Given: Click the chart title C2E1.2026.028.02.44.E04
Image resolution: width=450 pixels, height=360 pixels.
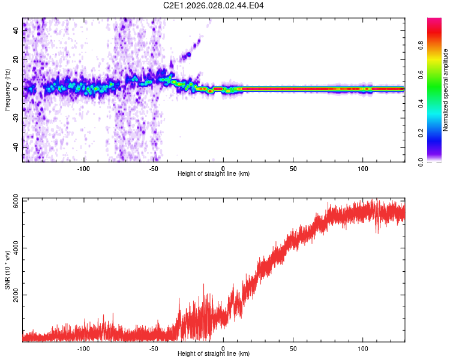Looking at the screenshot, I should tap(214, 5).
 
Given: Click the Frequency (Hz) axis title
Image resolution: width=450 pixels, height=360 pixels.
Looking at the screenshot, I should tap(7, 90).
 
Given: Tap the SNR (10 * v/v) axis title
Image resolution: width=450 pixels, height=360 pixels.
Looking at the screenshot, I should tap(7, 269).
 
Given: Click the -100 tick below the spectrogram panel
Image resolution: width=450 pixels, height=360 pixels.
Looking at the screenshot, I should tap(84, 169).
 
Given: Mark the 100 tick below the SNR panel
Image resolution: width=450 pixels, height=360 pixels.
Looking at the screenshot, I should tap(363, 348).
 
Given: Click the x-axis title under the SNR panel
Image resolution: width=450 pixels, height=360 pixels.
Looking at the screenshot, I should tap(214, 354).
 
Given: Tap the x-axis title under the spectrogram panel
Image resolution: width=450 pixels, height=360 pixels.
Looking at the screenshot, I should tap(214, 174).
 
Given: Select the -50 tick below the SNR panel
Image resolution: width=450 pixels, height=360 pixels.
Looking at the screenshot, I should tap(154, 348).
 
